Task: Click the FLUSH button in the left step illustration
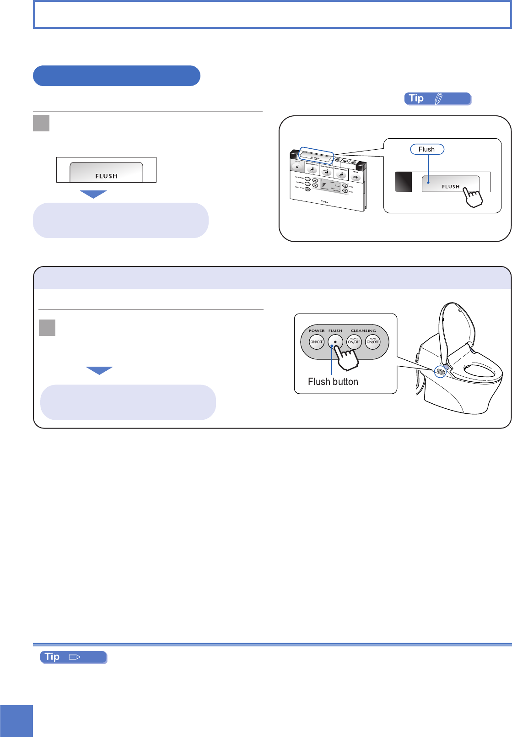106,173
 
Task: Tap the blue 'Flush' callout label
426,149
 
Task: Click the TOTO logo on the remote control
324,201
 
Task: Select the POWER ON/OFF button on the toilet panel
317,342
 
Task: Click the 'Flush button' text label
333,382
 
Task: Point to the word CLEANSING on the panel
363,331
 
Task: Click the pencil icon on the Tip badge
438,98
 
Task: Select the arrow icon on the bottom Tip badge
75,657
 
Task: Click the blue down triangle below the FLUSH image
93,194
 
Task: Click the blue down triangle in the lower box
99,370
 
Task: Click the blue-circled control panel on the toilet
441,372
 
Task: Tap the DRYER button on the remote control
356,176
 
